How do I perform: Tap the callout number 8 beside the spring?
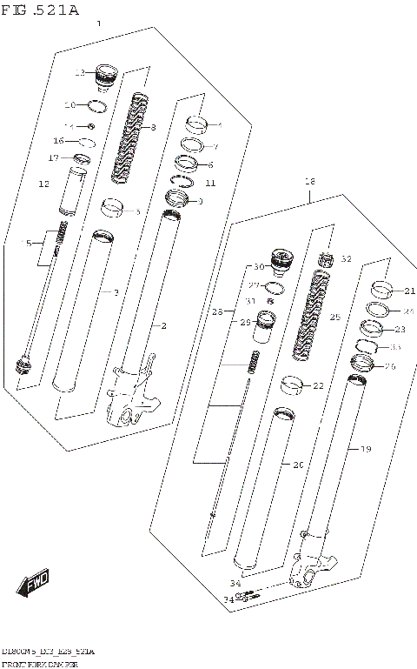coord(153,129)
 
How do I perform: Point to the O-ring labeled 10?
coord(97,107)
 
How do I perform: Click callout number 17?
coord(53,158)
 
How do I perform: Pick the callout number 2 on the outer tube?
coord(162,325)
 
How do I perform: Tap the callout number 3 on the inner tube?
coord(116,292)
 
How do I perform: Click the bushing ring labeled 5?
coord(112,208)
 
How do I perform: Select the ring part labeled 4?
coord(194,123)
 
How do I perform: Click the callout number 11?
coord(209,184)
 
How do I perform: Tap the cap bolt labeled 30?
coord(280,259)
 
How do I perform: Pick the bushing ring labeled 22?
coord(293,383)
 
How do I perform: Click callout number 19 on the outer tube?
coord(366,449)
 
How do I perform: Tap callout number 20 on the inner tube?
coord(298,465)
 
